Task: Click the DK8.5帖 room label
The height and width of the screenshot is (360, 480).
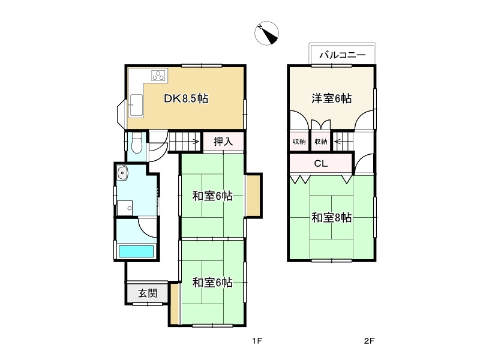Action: [186, 100]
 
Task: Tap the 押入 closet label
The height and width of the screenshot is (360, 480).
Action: [223, 142]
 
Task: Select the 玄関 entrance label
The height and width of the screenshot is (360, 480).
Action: [148, 293]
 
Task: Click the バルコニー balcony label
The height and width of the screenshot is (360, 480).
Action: [343, 55]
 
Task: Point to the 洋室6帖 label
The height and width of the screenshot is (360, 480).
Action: [331, 99]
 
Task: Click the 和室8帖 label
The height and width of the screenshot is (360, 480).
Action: [331, 218]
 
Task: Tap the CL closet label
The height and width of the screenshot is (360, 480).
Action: [320, 163]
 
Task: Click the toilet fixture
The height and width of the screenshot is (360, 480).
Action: [136, 144]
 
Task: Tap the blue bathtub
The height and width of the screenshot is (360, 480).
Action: [136, 251]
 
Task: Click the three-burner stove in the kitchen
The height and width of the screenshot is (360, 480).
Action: [159, 76]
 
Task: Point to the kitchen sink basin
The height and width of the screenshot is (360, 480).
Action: [134, 106]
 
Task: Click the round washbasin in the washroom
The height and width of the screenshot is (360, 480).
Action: [123, 173]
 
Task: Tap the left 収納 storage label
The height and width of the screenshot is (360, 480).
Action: [299, 142]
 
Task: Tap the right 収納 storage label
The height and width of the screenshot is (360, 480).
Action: [321, 142]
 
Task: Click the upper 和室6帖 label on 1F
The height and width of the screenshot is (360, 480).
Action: [212, 196]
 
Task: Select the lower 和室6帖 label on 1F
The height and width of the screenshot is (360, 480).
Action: [212, 283]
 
